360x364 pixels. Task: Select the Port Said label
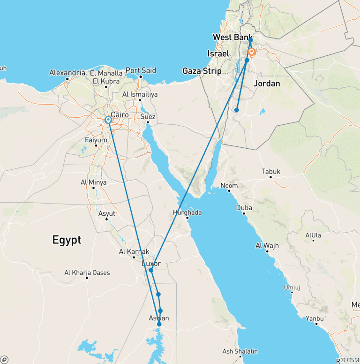pyautogui.click(x=141, y=70)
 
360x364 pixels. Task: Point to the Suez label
pyautogui.click(x=148, y=117)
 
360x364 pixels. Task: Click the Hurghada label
pyautogui.click(x=187, y=212)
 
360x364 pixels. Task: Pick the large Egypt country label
pyautogui.click(x=67, y=240)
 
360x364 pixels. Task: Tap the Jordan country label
pyautogui.click(x=266, y=83)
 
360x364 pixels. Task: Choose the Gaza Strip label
pyautogui.click(x=202, y=71)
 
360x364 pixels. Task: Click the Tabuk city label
pyautogui.click(x=271, y=172)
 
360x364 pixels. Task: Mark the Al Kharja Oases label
pyautogui.click(x=87, y=273)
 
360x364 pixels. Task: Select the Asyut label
pyautogui.click(x=107, y=213)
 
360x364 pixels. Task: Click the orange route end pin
pyautogui.click(x=252, y=52)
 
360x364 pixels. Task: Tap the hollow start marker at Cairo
pyautogui.click(x=108, y=120)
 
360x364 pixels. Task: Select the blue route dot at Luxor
pyautogui.click(x=151, y=270)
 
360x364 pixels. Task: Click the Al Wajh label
pyautogui.click(x=267, y=245)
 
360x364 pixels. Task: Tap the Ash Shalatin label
pyautogui.click(x=240, y=351)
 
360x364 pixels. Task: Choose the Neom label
pyautogui.click(x=229, y=186)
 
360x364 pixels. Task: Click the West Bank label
pyautogui.click(x=232, y=37)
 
